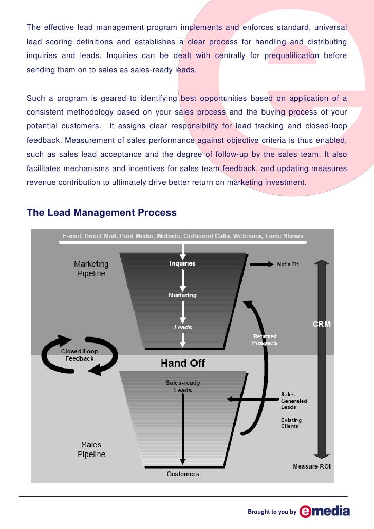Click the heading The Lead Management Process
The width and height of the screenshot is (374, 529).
[x=101, y=213]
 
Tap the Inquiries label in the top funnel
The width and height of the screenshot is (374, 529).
[x=183, y=263]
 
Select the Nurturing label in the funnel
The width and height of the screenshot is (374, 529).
[x=183, y=295]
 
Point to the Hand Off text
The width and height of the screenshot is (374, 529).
[x=183, y=363]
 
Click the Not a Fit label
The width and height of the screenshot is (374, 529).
[x=288, y=264]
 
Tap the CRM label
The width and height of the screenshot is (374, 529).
[x=322, y=324]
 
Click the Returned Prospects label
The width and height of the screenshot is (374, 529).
[x=265, y=339]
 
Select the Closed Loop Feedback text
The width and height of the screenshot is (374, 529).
[x=80, y=355]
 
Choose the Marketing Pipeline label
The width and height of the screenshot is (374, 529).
[x=91, y=269]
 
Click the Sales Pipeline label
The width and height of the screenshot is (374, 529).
[x=91, y=449]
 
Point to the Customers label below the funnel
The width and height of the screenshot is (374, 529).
[x=183, y=474]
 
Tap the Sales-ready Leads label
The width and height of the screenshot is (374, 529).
[x=183, y=386]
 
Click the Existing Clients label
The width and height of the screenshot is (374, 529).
[x=290, y=423]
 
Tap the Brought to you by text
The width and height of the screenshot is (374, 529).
[x=272, y=512]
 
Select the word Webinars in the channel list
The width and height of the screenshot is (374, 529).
[x=249, y=236]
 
